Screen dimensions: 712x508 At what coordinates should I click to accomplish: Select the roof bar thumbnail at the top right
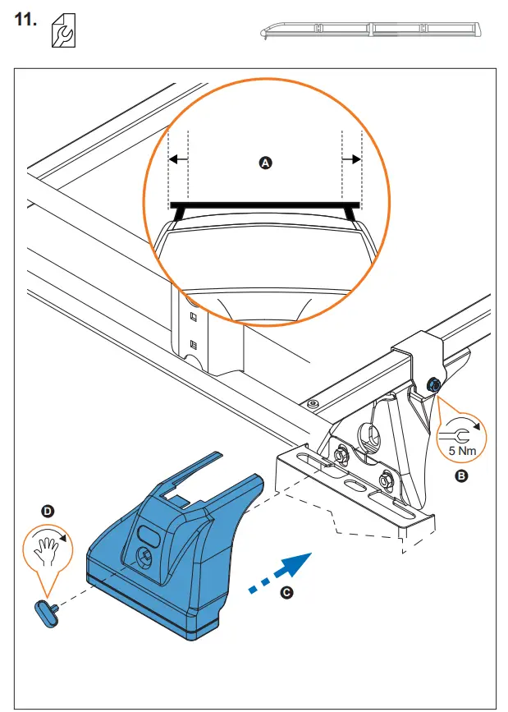tap(371, 30)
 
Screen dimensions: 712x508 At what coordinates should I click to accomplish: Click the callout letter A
tap(264, 163)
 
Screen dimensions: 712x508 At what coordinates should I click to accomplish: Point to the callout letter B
tap(461, 475)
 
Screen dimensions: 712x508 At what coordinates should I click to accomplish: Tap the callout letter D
tap(48, 511)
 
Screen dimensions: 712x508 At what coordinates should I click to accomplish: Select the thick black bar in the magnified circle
tap(264, 204)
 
